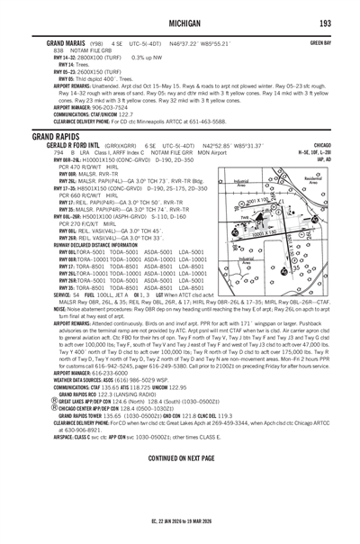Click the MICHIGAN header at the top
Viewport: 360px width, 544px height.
[179, 23]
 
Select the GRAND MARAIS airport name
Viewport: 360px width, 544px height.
[55, 41]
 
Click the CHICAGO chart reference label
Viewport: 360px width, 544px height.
[318, 145]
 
